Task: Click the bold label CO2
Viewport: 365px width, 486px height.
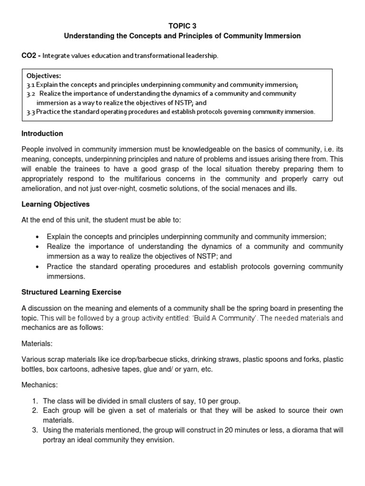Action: (30, 56)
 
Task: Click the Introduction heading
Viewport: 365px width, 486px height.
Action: (42, 134)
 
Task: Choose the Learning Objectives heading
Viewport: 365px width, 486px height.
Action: (56, 205)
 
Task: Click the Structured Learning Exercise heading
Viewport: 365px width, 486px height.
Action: (71, 291)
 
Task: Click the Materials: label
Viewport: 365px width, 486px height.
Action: (36, 343)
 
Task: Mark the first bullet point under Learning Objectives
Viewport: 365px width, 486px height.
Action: (38, 237)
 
